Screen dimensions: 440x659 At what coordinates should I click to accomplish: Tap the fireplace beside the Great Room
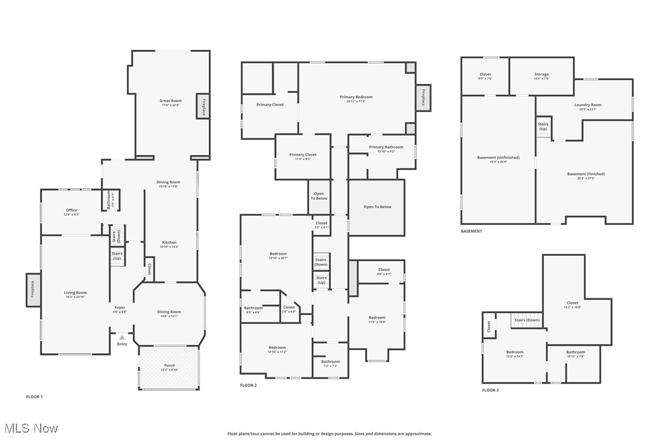[x=203, y=106]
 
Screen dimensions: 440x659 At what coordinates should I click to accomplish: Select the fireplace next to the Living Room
[x=33, y=290]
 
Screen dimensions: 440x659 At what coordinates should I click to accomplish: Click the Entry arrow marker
[x=122, y=337]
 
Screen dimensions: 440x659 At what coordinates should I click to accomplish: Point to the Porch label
[x=169, y=367]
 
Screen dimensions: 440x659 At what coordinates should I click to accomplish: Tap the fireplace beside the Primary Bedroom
[x=423, y=97]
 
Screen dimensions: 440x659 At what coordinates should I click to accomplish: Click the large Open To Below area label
[x=377, y=207]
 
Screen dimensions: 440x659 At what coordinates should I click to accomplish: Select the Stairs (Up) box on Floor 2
[x=321, y=280]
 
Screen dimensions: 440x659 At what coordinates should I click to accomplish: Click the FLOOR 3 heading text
[x=490, y=390]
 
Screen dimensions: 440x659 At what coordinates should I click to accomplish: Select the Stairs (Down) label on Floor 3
[x=527, y=320]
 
